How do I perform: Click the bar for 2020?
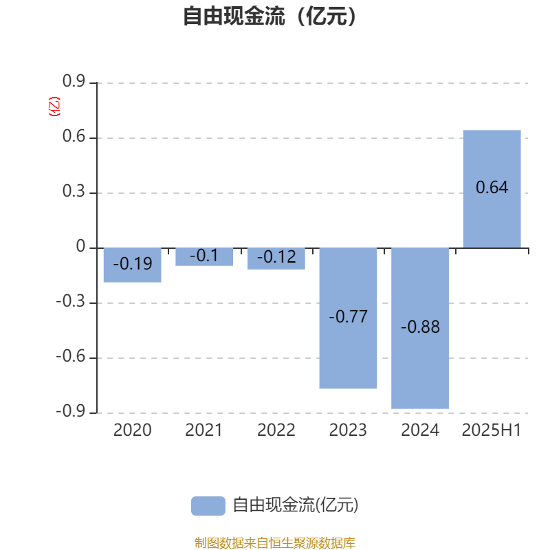point(132,265)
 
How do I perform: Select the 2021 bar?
point(204,256)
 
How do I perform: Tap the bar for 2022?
point(276,258)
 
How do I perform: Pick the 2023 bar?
point(348,318)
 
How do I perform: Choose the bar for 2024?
point(420,329)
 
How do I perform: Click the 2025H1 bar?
point(492,189)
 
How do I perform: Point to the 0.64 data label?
point(492,187)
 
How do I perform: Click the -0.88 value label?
point(420,327)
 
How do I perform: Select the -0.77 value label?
point(348,316)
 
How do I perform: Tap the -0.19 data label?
point(132,263)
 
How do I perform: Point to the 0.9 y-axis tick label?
point(74,81)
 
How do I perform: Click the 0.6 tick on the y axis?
point(74,136)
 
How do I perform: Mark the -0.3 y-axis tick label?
point(71,301)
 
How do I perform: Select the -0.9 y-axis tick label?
point(71,410)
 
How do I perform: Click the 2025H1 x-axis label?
point(492,430)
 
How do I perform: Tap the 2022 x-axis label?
point(276,430)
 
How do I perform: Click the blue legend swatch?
point(208,506)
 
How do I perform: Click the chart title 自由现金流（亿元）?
point(269,16)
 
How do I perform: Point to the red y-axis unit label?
point(54,107)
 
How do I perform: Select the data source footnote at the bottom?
point(274,542)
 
